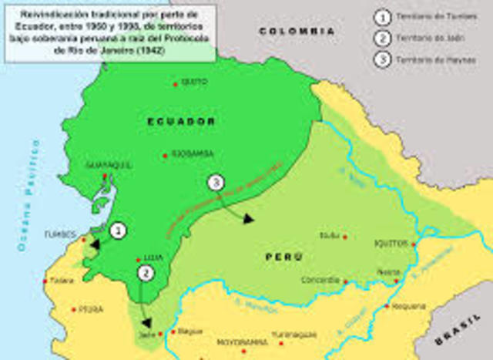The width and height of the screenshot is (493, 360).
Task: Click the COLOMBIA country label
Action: [x=297, y=32]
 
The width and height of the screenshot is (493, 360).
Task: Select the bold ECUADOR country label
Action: [x=182, y=122]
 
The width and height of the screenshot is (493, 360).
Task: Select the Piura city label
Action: [x=91, y=309]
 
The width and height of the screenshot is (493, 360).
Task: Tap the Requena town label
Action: [x=408, y=306]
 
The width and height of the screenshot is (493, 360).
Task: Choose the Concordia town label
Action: [x=321, y=280]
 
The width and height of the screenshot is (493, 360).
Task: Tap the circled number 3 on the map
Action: [x=216, y=183]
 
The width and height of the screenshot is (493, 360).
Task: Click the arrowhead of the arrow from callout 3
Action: [x=248, y=219]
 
